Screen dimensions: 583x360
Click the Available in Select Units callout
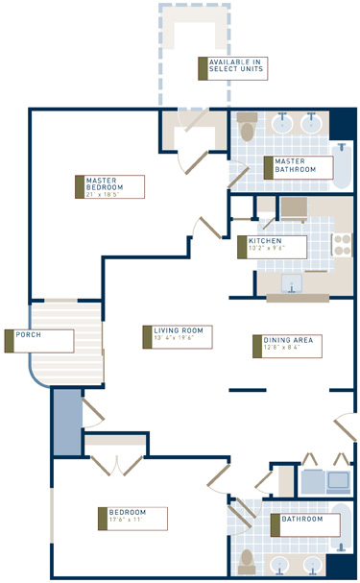click(231, 67)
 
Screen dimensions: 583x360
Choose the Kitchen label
click(265, 240)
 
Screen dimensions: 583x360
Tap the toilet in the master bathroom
click(248, 129)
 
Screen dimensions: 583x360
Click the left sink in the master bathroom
click(284, 124)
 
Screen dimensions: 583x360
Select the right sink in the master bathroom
click(312, 124)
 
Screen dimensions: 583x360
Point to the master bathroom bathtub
click(343, 165)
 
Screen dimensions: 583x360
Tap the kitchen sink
click(292, 283)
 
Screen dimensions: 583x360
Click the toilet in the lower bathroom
click(248, 557)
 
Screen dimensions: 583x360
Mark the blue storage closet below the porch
click(66, 422)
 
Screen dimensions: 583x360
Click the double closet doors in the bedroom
click(117, 464)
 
